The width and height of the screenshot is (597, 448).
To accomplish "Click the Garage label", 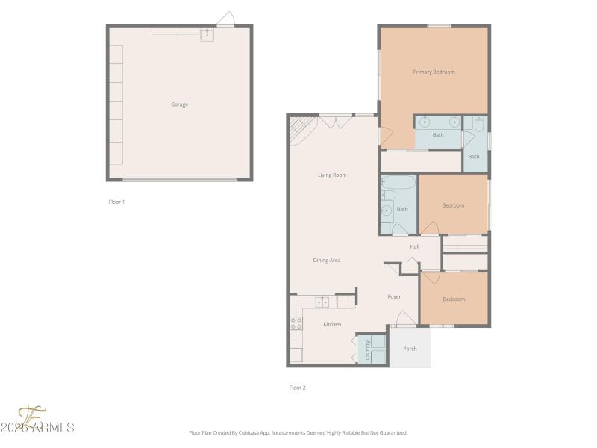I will [x=179, y=105].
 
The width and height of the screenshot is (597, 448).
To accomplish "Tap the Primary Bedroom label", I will [x=434, y=72].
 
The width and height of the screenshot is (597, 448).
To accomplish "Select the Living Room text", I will [x=332, y=175].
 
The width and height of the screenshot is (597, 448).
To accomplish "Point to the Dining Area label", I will [x=327, y=260].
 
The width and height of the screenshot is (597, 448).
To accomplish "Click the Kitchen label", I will [x=332, y=324].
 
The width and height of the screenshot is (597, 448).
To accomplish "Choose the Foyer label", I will [x=394, y=296].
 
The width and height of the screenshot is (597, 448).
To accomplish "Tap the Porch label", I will [x=410, y=349].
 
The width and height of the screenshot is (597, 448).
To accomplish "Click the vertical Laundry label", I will [x=368, y=351].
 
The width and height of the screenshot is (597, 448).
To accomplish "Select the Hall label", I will [x=415, y=246].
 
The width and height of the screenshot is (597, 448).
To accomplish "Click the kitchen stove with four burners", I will [x=296, y=323].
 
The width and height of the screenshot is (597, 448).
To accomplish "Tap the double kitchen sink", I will [x=322, y=302].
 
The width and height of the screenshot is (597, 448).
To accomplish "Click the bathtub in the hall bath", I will [x=397, y=181].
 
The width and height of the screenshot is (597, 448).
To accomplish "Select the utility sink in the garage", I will [x=207, y=34].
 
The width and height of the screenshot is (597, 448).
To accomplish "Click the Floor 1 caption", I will [x=116, y=202].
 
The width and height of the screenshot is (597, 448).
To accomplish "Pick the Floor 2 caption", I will [x=298, y=388].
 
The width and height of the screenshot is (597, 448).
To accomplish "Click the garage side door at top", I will [x=225, y=19].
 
